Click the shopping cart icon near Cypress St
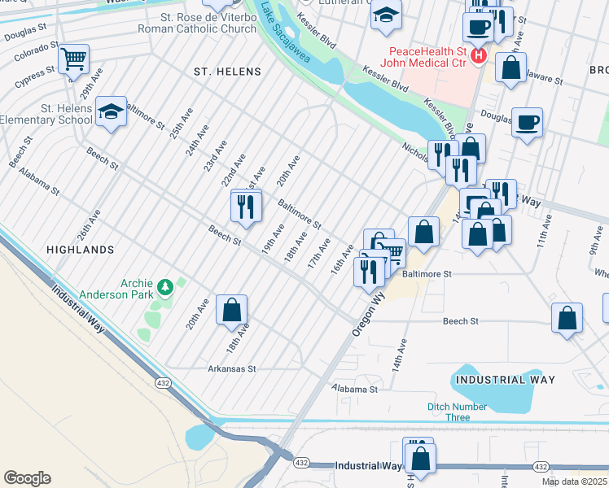pyautogui.click(x=73, y=58)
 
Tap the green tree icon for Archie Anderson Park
pyautogui.click(x=165, y=286)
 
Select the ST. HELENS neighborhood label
pyautogui.click(x=227, y=72)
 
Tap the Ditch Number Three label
pyautogui.click(x=458, y=412)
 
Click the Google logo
pyautogui.click(x=27, y=478)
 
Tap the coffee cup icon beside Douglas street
pyautogui.click(x=527, y=122)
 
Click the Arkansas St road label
pyautogui.click(x=231, y=368)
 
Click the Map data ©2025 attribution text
pyautogui.click(x=574, y=481)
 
